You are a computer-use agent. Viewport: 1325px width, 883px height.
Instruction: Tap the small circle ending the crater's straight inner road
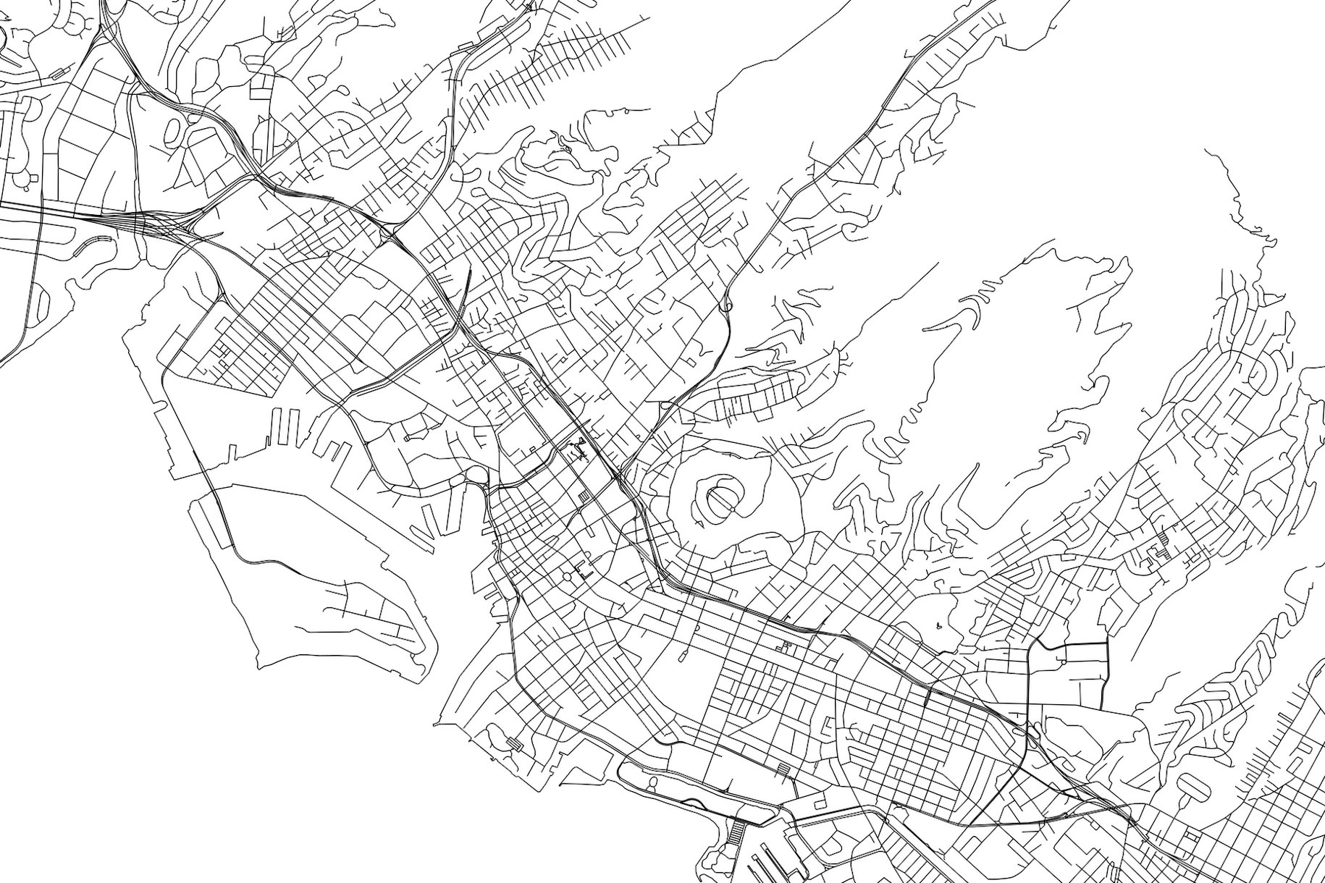point(731,510)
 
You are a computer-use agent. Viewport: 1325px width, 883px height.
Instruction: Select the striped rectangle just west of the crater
point(584,497)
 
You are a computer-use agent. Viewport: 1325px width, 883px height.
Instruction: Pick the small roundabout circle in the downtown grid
point(567,577)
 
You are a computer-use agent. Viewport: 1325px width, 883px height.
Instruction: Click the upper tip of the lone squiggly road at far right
point(1207,151)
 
